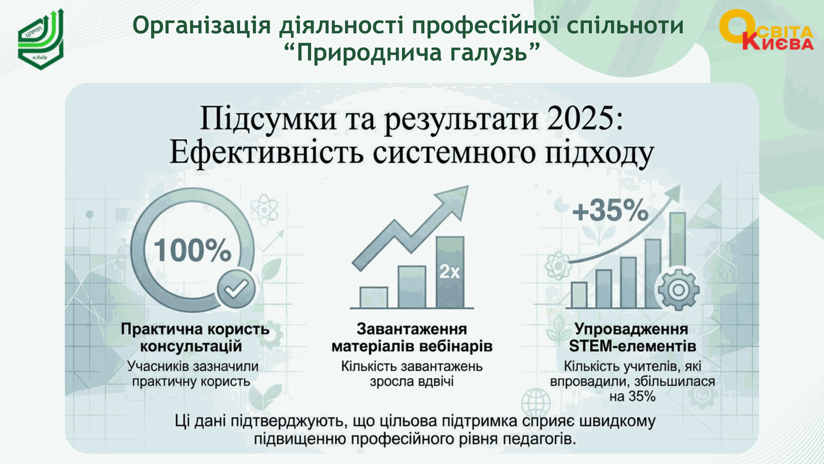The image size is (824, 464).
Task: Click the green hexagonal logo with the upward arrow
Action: coord(41,40)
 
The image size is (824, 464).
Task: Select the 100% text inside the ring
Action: coord(193,250)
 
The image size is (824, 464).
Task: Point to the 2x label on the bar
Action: coord(449,272)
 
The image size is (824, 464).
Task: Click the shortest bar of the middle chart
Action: coord(374,297)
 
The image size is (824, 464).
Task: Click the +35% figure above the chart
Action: coord(610,211)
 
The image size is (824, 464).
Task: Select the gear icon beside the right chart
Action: coord(679,290)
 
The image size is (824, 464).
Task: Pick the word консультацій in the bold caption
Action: coord(191,346)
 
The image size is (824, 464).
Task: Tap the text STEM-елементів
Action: coord(633,346)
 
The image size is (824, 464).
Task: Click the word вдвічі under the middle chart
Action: coord(434,382)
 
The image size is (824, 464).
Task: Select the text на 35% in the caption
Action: coord(633,396)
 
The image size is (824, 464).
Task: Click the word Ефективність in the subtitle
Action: coord(267,153)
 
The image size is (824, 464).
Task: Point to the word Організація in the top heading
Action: coord(202,26)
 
